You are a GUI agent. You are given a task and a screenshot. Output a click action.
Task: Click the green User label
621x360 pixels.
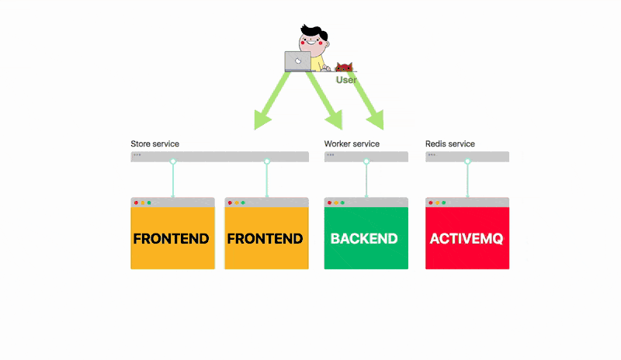click(x=346, y=80)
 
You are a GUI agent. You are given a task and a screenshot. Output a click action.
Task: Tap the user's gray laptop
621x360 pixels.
click(x=297, y=61)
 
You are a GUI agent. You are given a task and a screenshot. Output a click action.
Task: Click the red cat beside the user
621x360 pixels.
click(x=344, y=67)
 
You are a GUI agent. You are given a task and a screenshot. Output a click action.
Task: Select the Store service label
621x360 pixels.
click(x=155, y=144)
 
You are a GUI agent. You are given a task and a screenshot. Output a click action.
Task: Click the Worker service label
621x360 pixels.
click(x=352, y=144)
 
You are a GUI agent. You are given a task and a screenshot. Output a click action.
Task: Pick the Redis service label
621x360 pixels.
click(x=450, y=144)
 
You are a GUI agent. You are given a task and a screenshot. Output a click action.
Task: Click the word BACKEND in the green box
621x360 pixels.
click(x=364, y=238)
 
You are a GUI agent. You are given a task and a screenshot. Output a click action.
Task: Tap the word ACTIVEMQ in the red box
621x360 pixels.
click(x=467, y=238)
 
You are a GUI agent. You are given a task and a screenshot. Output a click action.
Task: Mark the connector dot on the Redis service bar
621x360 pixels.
click(x=468, y=161)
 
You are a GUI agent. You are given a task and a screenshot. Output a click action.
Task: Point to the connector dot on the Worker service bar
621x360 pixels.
click(x=366, y=161)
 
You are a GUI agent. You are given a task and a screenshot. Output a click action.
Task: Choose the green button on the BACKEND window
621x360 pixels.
click(x=343, y=202)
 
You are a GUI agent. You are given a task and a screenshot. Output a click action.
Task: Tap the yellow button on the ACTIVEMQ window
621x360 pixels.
click(x=438, y=202)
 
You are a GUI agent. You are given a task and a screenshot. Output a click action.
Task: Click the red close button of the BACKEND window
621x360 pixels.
click(x=329, y=202)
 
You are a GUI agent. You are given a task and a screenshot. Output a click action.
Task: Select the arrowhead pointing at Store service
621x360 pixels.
click(x=262, y=119)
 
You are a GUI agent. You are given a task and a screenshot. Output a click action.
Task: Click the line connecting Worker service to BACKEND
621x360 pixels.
click(x=366, y=180)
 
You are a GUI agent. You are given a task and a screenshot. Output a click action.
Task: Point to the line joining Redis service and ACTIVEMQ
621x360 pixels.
click(x=468, y=180)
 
